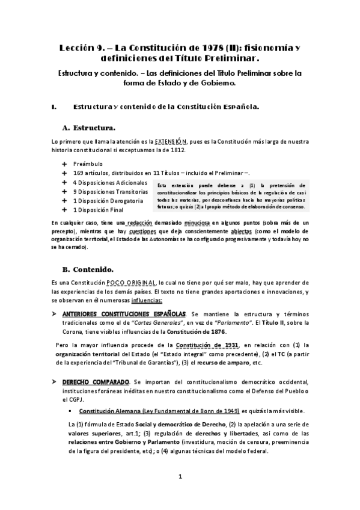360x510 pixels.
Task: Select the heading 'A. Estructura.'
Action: click(89, 127)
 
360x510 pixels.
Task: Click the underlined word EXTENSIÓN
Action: click(170, 141)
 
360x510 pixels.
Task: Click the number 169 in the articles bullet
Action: click(78, 173)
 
